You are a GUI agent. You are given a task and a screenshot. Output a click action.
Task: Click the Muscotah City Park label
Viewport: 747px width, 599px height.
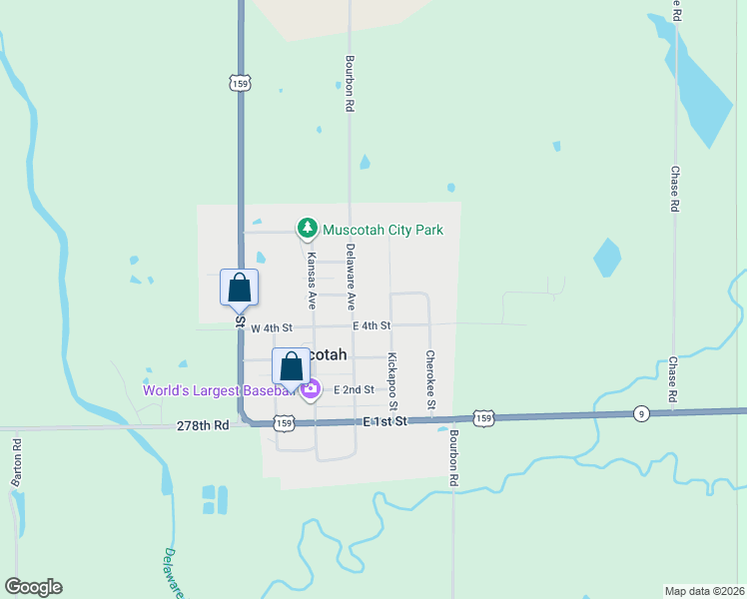[382, 230]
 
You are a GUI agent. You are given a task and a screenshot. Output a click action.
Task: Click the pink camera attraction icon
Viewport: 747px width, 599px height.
[311, 389]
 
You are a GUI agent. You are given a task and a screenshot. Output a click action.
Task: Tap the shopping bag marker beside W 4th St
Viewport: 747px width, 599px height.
[240, 288]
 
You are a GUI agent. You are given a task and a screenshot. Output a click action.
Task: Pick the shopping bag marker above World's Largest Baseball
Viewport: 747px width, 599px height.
[291, 366]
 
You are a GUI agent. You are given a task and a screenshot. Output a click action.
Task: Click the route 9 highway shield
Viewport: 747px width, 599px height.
[639, 413]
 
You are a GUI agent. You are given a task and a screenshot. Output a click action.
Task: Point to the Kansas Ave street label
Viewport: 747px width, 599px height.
[312, 281]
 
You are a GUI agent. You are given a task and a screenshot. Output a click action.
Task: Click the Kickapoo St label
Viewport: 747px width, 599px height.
[392, 381]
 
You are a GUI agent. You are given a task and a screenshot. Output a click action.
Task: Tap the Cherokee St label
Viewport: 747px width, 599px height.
[430, 379]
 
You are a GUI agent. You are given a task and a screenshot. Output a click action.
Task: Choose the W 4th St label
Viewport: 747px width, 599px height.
[272, 327]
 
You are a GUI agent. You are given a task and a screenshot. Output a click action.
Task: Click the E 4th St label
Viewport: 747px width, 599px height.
[371, 325]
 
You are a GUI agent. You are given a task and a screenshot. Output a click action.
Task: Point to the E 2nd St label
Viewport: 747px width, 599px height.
[354, 389]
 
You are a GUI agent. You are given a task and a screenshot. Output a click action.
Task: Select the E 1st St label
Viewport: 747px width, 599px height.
[385, 422]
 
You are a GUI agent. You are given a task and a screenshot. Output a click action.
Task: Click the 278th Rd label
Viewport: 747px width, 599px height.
[203, 424]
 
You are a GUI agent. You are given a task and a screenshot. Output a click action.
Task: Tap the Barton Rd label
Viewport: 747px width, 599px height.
[17, 461]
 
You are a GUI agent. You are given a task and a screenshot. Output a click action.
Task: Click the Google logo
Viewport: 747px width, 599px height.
[34, 587]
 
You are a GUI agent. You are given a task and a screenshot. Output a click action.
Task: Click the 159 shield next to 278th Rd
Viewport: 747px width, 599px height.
[284, 424]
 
